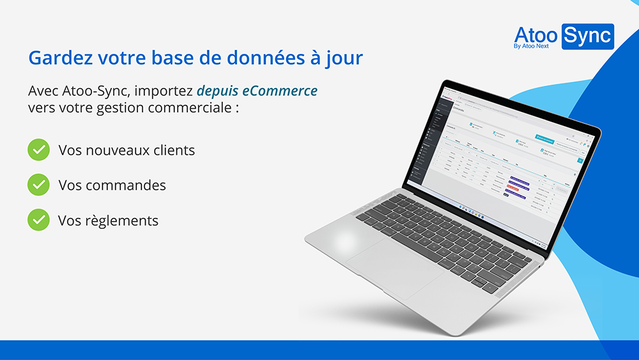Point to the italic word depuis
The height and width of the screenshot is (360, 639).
pyautogui.click(x=218, y=91)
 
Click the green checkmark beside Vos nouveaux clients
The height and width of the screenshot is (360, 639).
pyautogui.click(x=38, y=150)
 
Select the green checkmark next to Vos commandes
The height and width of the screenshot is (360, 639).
pyautogui.click(x=38, y=185)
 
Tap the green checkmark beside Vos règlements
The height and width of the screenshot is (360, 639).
pyautogui.click(x=38, y=220)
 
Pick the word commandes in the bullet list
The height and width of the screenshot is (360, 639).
pyautogui.click(x=126, y=185)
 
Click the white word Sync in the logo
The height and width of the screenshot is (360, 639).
pyautogui.click(x=587, y=36)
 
